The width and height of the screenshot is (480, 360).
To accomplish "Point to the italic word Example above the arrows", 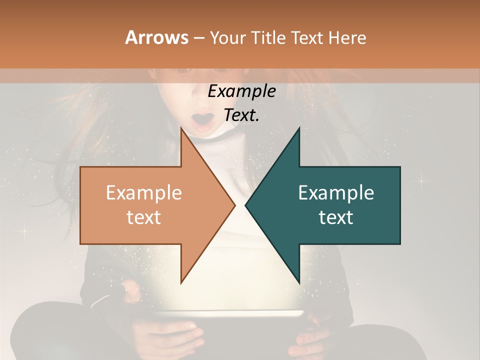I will click(241, 91).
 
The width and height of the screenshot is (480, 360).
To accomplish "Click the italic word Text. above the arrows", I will click(241, 115).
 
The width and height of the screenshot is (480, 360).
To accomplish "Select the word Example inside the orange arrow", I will click(143, 192).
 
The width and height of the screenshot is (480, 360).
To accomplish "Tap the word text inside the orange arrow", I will click(143, 217).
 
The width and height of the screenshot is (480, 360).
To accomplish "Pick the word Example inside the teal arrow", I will click(336, 192).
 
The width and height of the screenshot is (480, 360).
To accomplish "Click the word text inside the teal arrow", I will click(336, 217).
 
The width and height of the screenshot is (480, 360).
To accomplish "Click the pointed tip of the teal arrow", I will click(246, 205).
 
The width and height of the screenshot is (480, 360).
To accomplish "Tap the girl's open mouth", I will click(202, 121).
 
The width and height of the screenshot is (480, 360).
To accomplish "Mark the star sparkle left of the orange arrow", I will click(24, 230).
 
